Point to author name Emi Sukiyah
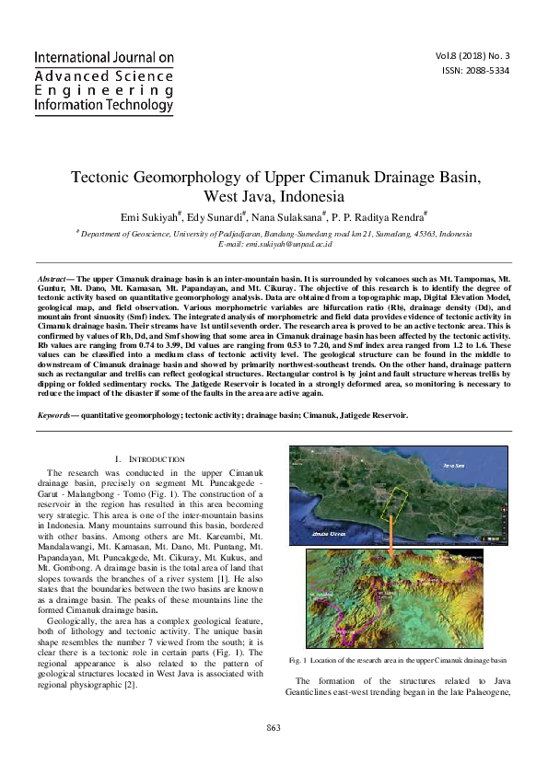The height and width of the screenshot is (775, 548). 152,217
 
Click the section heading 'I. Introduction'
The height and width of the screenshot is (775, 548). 149,458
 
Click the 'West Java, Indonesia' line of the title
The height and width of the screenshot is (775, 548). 274,196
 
